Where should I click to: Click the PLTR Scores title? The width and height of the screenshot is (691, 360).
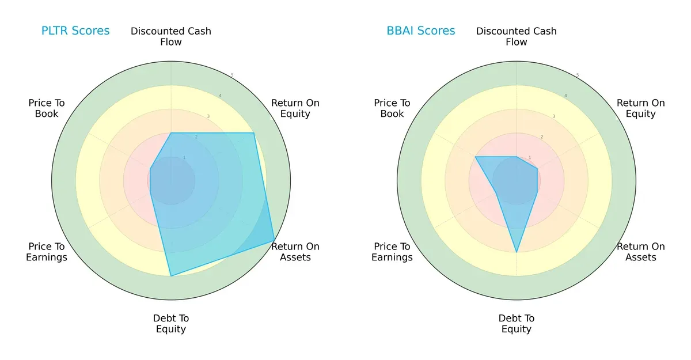coord(75,31)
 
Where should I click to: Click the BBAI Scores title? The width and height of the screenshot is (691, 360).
coord(421,31)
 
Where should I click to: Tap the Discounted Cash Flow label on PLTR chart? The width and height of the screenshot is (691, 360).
coord(171,36)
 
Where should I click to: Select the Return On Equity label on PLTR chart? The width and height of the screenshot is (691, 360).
coord(295,108)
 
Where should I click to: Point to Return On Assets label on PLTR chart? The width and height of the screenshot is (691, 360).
coord(295,252)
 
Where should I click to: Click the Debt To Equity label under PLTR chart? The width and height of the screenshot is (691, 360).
coord(171,324)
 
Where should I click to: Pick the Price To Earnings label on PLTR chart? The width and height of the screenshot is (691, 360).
coord(47,252)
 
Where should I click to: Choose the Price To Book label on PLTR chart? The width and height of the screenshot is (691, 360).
coord(47,108)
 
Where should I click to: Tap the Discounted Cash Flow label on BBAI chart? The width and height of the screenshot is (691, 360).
coord(517,36)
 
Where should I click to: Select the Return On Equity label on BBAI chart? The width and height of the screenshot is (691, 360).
coord(641,108)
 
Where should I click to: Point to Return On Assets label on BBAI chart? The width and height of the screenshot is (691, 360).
coord(641,252)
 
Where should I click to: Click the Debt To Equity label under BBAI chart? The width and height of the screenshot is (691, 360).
coord(517,324)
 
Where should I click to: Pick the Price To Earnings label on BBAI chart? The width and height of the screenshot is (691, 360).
coord(392,252)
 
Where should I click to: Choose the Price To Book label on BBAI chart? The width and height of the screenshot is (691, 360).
coord(392,108)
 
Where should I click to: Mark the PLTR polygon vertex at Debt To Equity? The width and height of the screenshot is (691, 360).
coord(171,276)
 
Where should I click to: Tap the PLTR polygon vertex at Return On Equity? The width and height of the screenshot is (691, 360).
coord(253,133)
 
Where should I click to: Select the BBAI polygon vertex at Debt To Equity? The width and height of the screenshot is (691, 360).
coord(517,252)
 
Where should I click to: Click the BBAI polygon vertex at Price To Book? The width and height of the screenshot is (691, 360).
coord(476,157)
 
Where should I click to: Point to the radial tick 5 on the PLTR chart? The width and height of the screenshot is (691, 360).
coord(232,75)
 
